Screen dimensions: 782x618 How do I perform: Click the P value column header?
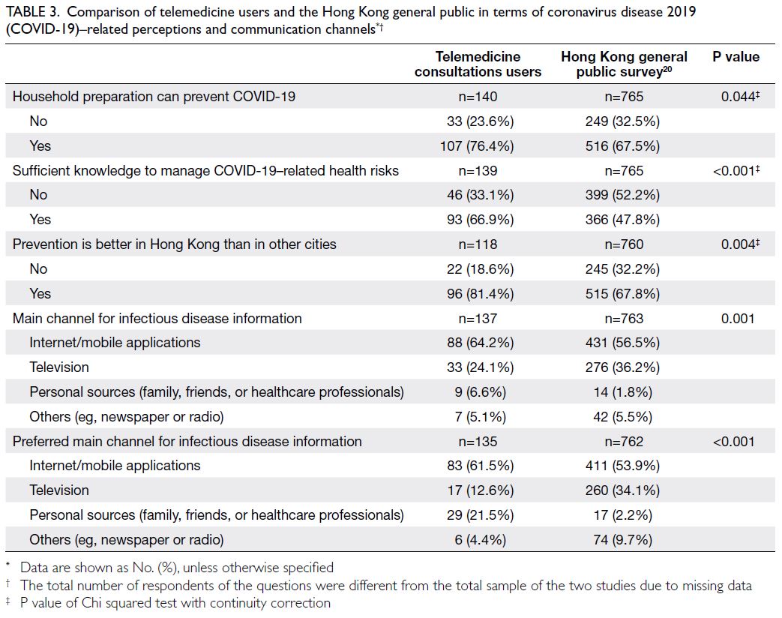coord(736,57)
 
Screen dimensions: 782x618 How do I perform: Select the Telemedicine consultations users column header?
coord(478,64)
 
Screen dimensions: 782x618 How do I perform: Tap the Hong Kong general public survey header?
coord(624,64)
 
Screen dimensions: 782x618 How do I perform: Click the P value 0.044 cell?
coord(740,96)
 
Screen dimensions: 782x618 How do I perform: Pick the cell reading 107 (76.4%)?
coord(477,146)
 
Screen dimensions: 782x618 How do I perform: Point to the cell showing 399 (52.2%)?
coord(622,195)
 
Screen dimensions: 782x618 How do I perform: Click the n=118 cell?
coord(478,244)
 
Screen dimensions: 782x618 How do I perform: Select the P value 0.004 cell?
coord(740,244)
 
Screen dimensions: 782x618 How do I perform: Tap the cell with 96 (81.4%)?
coord(481,294)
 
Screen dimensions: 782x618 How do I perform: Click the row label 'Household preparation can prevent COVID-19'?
coord(154,96)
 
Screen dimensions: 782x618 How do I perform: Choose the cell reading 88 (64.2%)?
coord(481,343)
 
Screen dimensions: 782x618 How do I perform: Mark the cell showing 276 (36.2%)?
coord(622,367)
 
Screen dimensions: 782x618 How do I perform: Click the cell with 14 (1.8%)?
coord(623,392)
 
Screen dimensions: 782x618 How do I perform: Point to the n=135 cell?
coord(478,442)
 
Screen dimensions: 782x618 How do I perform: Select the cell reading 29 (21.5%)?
coord(481,515)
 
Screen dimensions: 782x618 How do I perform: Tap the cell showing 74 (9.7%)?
coord(623,540)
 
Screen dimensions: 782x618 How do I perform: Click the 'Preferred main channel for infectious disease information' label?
coord(187,442)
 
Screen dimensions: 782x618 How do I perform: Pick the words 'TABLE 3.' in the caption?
coord(33,12)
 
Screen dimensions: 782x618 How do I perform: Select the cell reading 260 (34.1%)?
coord(622,490)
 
